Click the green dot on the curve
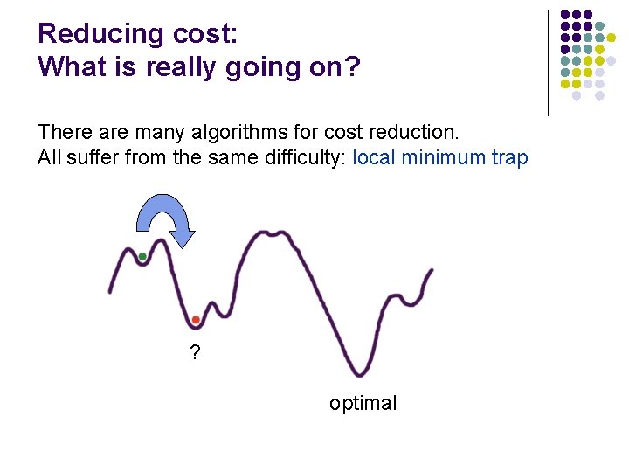(x=142, y=256)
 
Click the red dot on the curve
(x=196, y=320)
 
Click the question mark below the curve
(x=195, y=354)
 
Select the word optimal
(x=363, y=403)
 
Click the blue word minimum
(x=439, y=158)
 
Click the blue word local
(x=373, y=158)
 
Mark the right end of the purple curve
(x=432, y=271)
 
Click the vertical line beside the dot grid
(x=548, y=63)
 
